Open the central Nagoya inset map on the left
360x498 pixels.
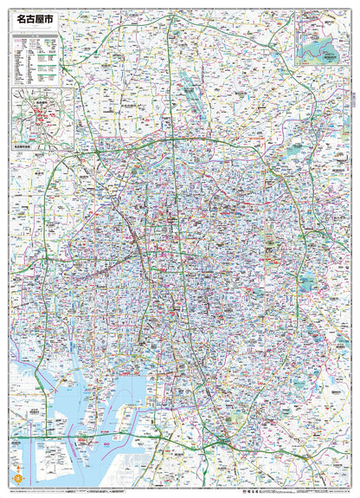coord(42,118)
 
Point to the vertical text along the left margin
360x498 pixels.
coord(7,260)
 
